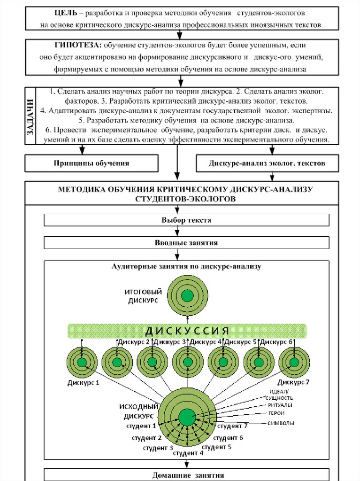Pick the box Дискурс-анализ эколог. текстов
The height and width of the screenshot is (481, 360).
click(x=267, y=163)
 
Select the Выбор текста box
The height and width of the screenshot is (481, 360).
click(x=186, y=220)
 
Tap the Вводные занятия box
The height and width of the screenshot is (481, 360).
click(x=186, y=243)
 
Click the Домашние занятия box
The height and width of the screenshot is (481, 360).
click(x=186, y=474)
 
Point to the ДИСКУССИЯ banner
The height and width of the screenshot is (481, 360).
click(x=187, y=331)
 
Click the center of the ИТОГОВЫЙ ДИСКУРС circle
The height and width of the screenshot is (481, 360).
click(x=187, y=295)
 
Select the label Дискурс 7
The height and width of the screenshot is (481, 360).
click(x=293, y=382)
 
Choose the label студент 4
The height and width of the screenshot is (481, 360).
click(x=188, y=453)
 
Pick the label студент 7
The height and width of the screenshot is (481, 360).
click(x=232, y=426)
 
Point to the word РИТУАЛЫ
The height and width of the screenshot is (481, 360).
click(x=281, y=404)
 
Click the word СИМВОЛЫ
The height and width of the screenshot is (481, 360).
click(x=281, y=423)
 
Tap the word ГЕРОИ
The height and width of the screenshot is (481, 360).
click(x=276, y=414)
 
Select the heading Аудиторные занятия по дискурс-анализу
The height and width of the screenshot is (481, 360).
click(x=186, y=266)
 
